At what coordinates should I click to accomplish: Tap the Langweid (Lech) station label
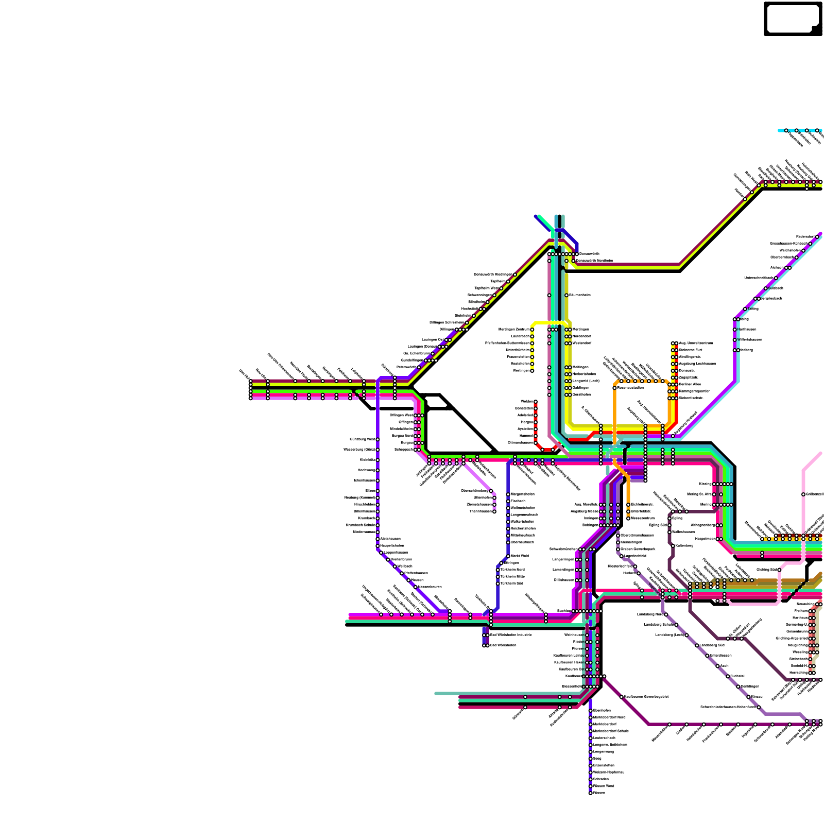pyautogui.click(x=586, y=381)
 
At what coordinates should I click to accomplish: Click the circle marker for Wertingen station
pyautogui.click(x=532, y=370)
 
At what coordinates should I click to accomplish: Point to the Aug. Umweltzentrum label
pyautogui.click(x=696, y=343)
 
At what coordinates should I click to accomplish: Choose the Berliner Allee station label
pyautogui.click(x=690, y=384)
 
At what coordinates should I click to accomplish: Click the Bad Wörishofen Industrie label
pyautogui.click(x=510, y=635)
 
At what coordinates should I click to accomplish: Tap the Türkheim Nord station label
pyautogui.click(x=512, y=570)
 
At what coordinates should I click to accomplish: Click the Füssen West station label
pyautogui.click(x=604, y=786)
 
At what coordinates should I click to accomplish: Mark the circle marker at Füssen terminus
pyautogui.click(x=590, y=793)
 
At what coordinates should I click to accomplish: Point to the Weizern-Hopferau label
pyautogui.click(x=609, y=772)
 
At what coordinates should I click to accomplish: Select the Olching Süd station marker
pyautogui.click(x=779, y=570)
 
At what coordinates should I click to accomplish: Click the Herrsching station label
pyautogui.click(x=798, y=673)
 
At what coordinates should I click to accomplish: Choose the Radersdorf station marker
pyautogui.click(x=817, y=237)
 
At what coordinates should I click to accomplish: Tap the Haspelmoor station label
pyautogui.click(x=705, y=539)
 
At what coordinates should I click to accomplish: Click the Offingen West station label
pyautogui.click(x=401, y=415)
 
